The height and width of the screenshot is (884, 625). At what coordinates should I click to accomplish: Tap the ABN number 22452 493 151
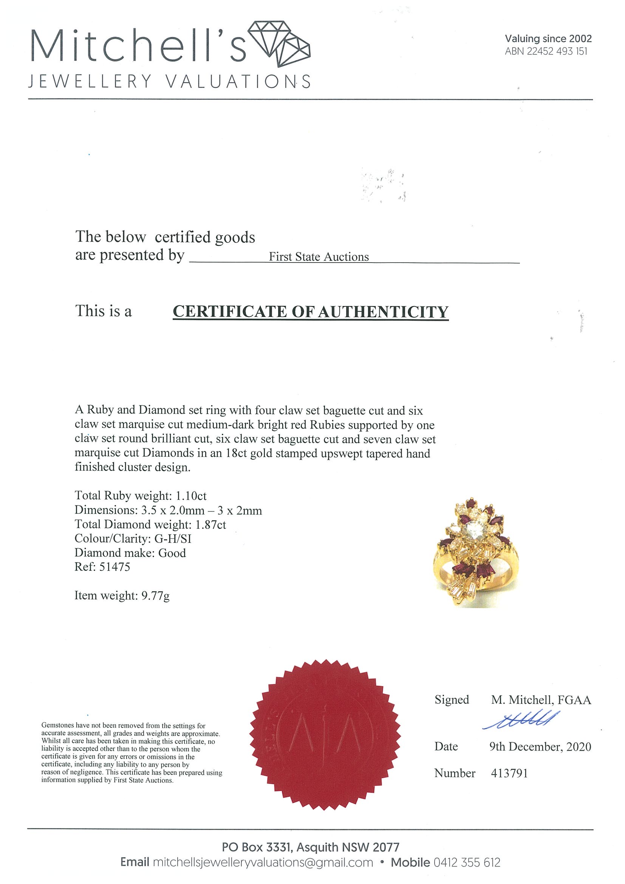tap(557, 52)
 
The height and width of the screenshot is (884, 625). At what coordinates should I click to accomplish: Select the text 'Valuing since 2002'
tap(548, 39)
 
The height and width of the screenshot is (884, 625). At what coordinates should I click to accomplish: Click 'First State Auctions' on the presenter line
tap(319, 257)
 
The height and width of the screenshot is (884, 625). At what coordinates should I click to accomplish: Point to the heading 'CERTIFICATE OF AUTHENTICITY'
tap(310, 312)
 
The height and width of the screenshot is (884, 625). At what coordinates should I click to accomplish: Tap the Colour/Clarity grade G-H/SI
tap(173, 539)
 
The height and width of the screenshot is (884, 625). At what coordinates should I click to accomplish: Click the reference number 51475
tap(115, 567)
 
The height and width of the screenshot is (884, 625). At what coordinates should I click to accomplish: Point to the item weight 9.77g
tap(156, 596)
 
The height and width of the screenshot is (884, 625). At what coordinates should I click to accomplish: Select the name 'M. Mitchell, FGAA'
tap(541, 700)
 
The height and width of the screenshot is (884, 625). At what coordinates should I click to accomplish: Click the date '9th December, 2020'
tap(540, 747)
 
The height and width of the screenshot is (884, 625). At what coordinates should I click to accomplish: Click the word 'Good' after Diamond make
tap(172, 553)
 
